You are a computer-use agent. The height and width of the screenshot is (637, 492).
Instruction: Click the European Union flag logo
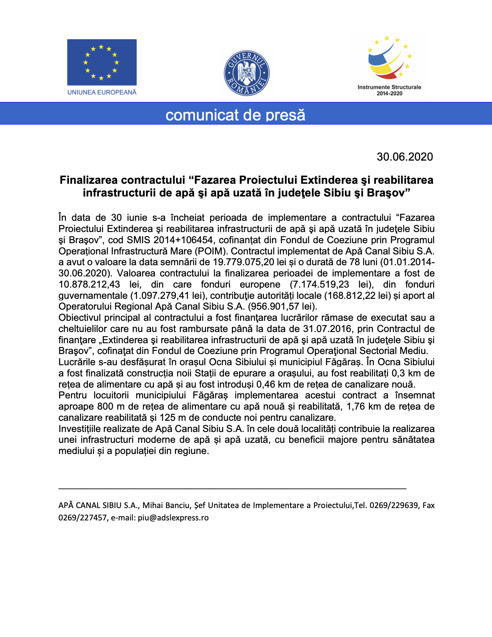(x=101, y=62)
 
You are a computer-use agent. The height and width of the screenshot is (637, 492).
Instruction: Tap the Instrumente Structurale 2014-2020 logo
(x=389, y=66)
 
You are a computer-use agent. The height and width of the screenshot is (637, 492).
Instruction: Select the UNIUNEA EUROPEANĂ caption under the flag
(x=102, y=92)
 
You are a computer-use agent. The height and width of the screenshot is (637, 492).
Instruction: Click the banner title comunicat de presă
(x=235, y=115)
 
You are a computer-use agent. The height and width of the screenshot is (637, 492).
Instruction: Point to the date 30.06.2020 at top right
(x=405, y=157)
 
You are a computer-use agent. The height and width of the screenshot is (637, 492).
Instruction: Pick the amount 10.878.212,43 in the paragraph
(x=89, y=285)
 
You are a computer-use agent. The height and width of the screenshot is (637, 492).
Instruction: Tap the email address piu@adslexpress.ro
(x=173, y=518)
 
